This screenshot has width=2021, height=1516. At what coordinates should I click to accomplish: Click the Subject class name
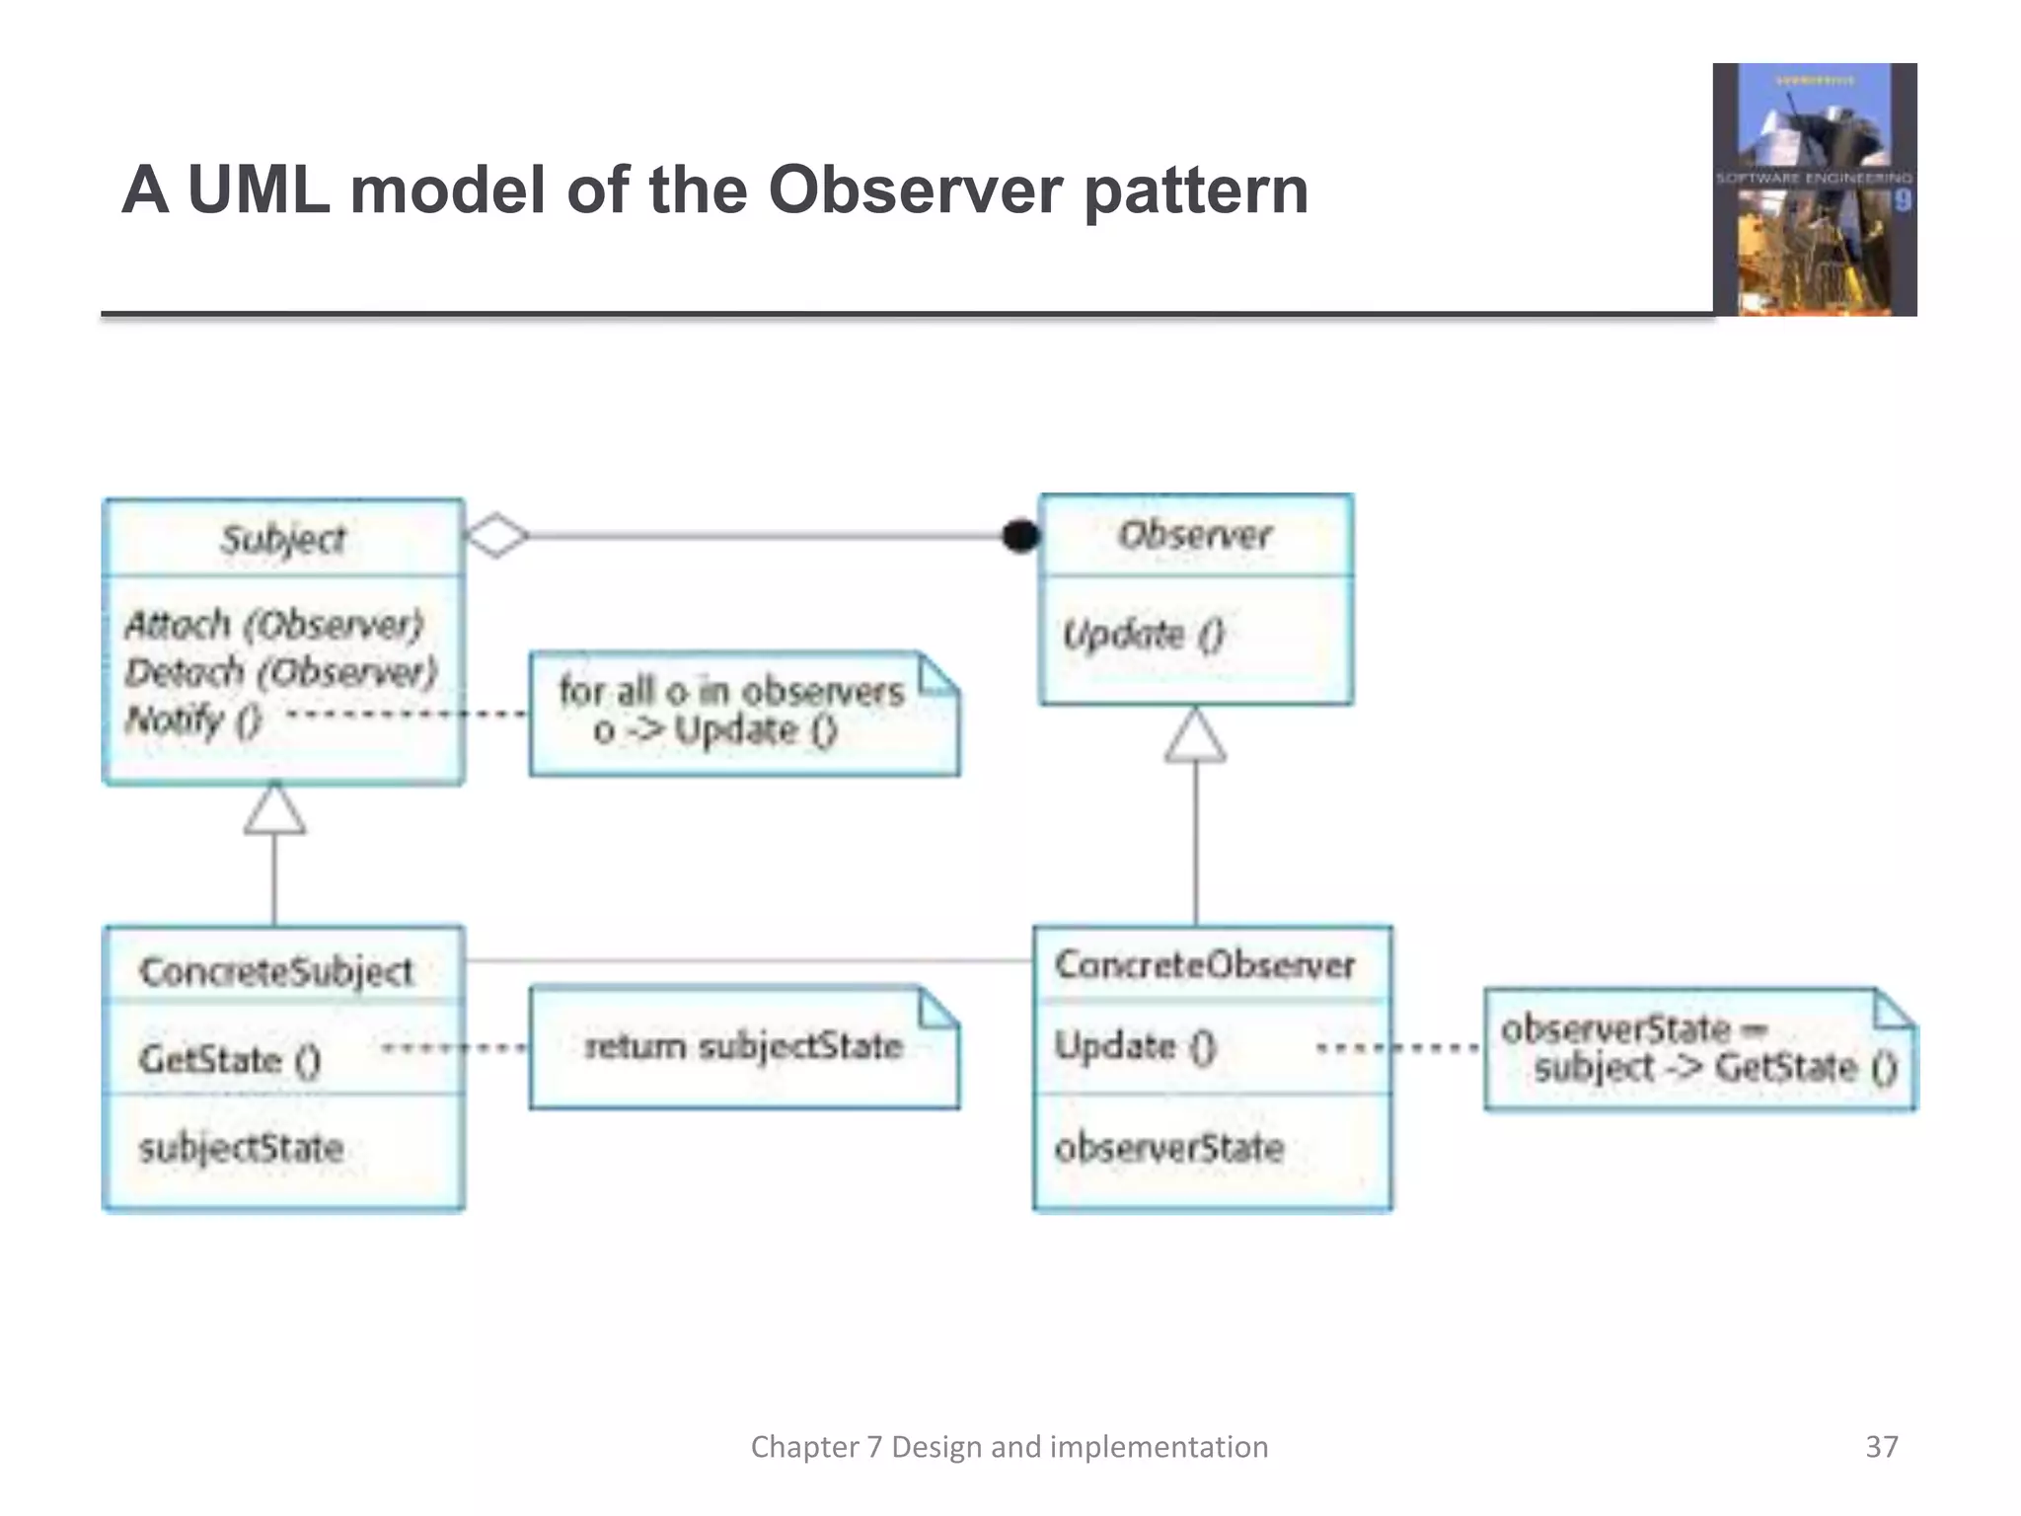tap(283, 539)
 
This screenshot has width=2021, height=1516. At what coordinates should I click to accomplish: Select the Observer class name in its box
tap(1194, 535)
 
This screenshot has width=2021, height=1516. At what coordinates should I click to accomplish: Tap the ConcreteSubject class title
tap(276, 971)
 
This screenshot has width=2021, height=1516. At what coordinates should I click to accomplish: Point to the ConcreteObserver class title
tap(1204, 964)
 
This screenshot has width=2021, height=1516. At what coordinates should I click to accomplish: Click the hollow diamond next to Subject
tap(496, 536)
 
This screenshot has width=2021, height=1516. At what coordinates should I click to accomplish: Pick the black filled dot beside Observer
tap(1020, 536)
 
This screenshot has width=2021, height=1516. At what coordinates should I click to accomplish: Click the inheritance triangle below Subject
tap(274, 809)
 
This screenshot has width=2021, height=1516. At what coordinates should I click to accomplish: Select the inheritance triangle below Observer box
tap(1195, 736)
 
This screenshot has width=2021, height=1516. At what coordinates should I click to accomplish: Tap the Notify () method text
tap(192, 720)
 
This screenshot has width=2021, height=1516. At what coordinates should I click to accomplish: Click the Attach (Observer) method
tap(273, 624)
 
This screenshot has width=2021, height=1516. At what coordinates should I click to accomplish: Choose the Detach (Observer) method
tap(280, 672)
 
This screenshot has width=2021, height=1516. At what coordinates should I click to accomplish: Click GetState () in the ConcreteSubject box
tap(230, 1059)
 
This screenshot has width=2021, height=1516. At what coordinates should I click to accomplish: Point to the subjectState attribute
tap(241, 1148)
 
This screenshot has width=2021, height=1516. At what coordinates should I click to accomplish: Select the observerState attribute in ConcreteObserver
tap(1168, 1148)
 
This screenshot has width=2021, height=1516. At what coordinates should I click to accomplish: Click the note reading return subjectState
tap(743, 1046)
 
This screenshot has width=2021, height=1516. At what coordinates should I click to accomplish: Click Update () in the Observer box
tap(1143, 634)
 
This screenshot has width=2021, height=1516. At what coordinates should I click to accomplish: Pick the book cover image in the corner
tap(1814, 189)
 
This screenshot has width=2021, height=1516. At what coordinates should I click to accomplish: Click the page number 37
tap(1881, 1446)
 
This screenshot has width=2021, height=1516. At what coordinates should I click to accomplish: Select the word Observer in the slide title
tap(915, 189)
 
